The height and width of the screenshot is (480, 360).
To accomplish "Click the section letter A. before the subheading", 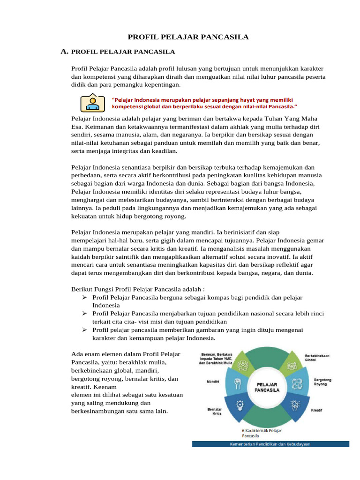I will pos(66,52).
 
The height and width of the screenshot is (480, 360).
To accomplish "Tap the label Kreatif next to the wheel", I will pos(316,410).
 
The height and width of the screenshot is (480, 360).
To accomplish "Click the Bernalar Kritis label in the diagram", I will pos(214,411).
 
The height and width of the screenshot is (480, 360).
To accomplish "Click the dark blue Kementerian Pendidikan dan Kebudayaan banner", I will pos(270,443).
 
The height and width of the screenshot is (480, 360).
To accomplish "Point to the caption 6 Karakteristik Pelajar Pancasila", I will pos(262,432).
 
